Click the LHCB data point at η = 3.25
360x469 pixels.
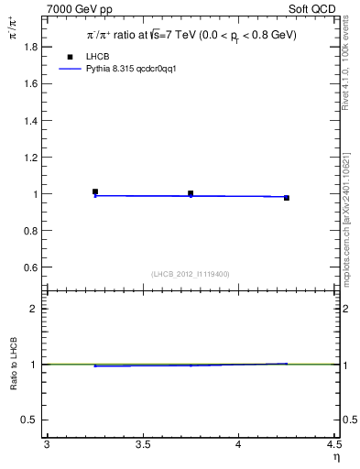tap(95, 191)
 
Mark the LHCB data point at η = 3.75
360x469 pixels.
tap(191, 193)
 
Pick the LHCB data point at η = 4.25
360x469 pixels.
tap(286, 198)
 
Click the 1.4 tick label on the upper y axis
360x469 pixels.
tap(30, 120)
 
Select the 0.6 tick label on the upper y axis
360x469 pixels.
tap(30, 267)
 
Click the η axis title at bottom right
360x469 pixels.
tap(335, 457)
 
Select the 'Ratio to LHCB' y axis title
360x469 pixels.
tap(15, 364)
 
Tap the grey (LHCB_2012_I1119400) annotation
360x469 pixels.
tap(191, 273)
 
